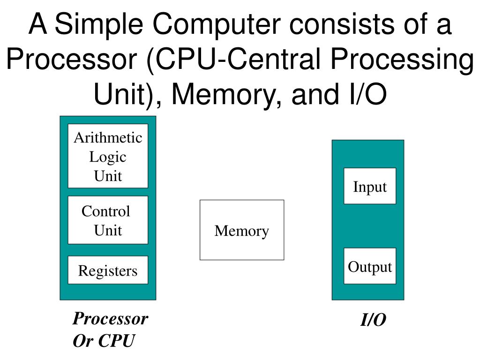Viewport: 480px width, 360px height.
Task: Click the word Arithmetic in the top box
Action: [x=108, y=138]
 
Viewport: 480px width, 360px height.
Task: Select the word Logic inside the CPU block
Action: [x=108, y=157]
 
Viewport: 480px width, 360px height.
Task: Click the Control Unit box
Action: [x=108, y=220]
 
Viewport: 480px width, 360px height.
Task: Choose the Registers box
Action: [x=108, y=270]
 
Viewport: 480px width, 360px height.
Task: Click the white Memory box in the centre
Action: [x=242, y=230]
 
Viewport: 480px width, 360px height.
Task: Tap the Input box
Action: [x=370, y=186]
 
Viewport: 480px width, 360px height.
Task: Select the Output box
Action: [x=370, y=266]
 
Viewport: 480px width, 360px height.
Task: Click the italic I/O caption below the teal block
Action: [x=373, y=320]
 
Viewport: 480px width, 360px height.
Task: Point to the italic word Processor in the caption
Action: [x=110, y=319]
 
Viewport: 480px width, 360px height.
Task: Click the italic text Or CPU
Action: [x=104, y=341]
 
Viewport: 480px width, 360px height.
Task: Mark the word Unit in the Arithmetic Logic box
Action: [x=108, y=176]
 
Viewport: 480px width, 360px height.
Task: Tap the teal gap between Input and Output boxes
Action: [x=370, y=226]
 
